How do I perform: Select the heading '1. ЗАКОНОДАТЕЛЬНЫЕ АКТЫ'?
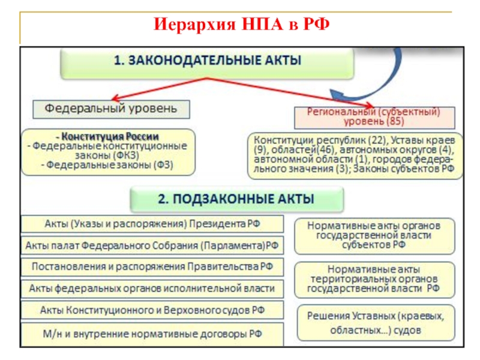(207, 61)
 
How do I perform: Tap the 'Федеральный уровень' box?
(111, 109)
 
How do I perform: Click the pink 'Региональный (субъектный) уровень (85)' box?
(374, 116)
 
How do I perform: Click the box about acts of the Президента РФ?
(152, 224)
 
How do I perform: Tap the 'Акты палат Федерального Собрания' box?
(152, 245)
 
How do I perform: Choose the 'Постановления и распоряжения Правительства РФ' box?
(152, 266)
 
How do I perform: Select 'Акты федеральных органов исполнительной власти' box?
(152, 288)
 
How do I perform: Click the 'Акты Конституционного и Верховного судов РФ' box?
(152, 310)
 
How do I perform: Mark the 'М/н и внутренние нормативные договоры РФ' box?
(152, 332)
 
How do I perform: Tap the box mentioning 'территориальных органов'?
(374, 278)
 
